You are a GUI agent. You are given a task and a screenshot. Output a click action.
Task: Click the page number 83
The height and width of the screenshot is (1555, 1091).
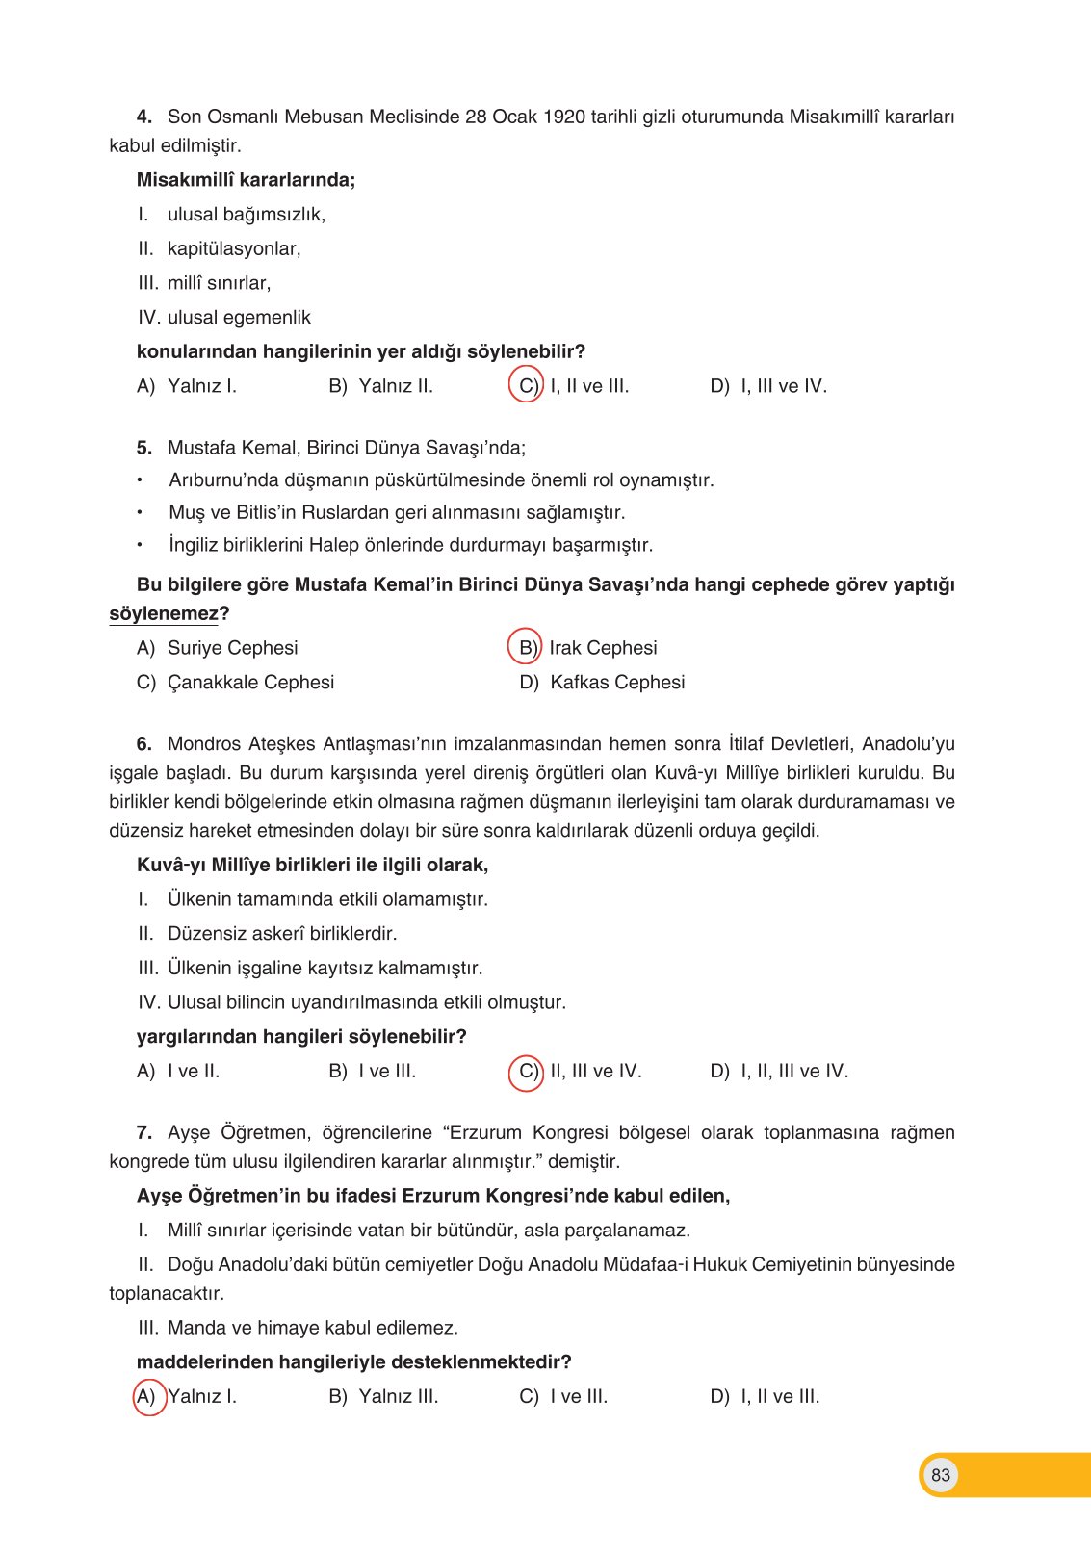click(940, 1474)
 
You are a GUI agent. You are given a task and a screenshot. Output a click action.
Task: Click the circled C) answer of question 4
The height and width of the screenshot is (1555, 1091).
click(527, 386)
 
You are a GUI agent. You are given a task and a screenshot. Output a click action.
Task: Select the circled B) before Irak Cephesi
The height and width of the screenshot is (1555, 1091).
click(526, 648)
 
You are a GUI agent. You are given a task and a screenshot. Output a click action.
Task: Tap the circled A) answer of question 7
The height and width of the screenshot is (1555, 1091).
click(147, 1396)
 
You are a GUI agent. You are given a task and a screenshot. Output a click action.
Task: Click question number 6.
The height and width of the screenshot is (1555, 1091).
click(144, 744)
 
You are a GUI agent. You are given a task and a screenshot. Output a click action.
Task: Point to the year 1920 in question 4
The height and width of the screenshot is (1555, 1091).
click(563, 117)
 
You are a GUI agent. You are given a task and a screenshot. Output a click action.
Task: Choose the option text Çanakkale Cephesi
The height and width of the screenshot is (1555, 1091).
click(250, 683)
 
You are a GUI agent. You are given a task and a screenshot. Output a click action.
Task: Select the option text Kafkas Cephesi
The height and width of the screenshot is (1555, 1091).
click(617, 683)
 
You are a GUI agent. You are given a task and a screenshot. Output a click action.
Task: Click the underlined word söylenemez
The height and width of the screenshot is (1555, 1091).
click(164, 614)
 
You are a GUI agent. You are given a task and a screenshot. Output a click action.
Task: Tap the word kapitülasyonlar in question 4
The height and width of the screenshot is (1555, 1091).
click(233, 249)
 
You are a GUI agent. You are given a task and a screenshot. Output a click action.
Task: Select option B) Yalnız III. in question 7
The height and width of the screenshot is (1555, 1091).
click(383, 1397)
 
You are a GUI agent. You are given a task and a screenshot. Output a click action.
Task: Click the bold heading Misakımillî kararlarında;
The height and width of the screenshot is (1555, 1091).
click(246, 180)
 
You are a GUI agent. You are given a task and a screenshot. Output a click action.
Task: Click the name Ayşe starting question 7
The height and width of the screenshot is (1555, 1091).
click(189, 1133)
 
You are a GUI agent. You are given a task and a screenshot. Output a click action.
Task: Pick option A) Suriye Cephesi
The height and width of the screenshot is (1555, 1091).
click(218, 648)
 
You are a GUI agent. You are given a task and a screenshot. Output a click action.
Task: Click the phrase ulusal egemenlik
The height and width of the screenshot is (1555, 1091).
click(239, 318)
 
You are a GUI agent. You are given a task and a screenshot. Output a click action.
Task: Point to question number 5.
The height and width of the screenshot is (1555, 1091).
click(144, 448)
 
